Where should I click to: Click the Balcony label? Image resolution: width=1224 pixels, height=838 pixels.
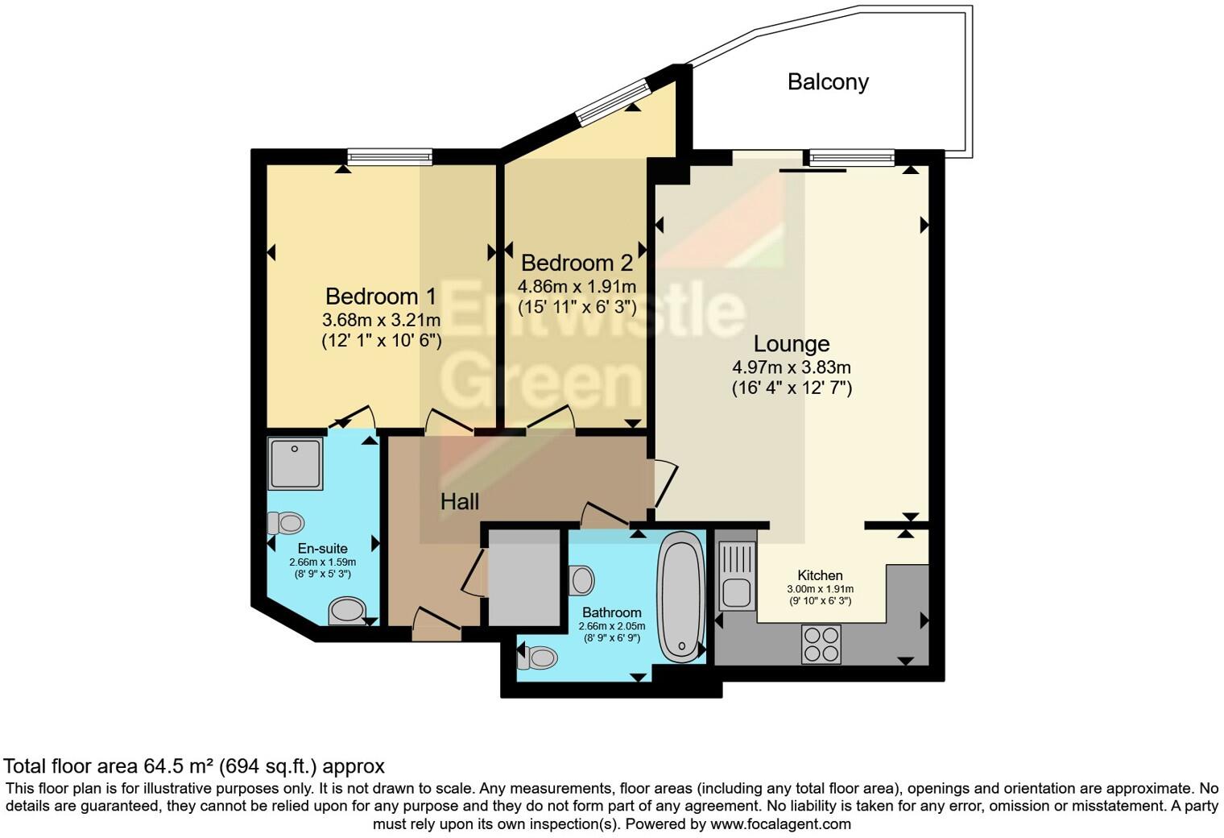[x=827, y=82]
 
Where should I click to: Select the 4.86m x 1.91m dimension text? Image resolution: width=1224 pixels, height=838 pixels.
[x=577, y=287]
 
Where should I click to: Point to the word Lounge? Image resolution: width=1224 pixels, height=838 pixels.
[x=791, y=344]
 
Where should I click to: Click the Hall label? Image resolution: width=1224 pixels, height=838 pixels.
[x=460, y=502]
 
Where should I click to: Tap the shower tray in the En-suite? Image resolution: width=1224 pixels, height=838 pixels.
[x=296, y=463]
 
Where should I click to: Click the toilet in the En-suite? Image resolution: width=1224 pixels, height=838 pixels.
[x=286, y=523]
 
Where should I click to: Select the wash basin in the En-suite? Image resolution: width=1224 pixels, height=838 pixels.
[x=347, y=610]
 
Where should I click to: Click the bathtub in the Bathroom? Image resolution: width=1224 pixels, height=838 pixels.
[x=681, y=597]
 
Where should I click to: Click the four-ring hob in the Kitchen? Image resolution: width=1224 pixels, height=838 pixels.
[x=821, y=645]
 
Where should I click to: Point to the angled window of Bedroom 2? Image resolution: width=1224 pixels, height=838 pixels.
[x=614, y=102]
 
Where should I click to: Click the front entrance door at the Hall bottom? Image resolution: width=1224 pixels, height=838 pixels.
[x=436, y=628]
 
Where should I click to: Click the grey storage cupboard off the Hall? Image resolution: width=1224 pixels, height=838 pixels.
[x=524, y=576]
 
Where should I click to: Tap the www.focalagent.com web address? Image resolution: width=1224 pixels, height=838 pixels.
[x=780, y=823]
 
